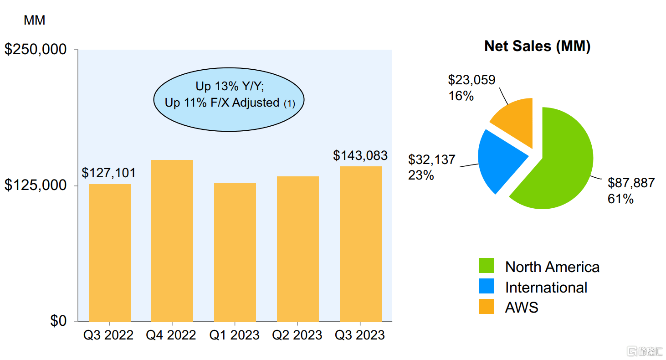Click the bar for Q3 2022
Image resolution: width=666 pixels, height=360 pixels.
coord(110,253)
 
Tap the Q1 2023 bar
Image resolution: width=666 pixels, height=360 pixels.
coord(235,252)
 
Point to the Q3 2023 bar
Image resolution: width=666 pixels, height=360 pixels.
coord(361,244)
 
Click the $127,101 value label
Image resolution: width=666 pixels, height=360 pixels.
coord(109,173)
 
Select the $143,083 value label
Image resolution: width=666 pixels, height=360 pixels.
coord(360,156)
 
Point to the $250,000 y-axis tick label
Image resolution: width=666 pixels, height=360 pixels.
coord(36,49)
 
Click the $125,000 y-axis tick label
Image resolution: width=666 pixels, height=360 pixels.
coord(36,185)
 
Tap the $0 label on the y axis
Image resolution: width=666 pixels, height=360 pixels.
coord(58,321)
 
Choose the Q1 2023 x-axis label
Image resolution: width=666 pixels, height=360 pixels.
coord(235,336)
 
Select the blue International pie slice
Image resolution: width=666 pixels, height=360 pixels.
coord(499,159)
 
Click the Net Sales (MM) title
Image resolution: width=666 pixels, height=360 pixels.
coord(537,46)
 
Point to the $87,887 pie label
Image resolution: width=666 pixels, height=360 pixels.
coord(631,183)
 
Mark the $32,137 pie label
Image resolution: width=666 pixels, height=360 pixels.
coord(432,159)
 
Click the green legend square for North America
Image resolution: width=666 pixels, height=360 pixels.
coord(487,266)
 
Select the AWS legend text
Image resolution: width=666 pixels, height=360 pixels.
coord(522,308)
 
